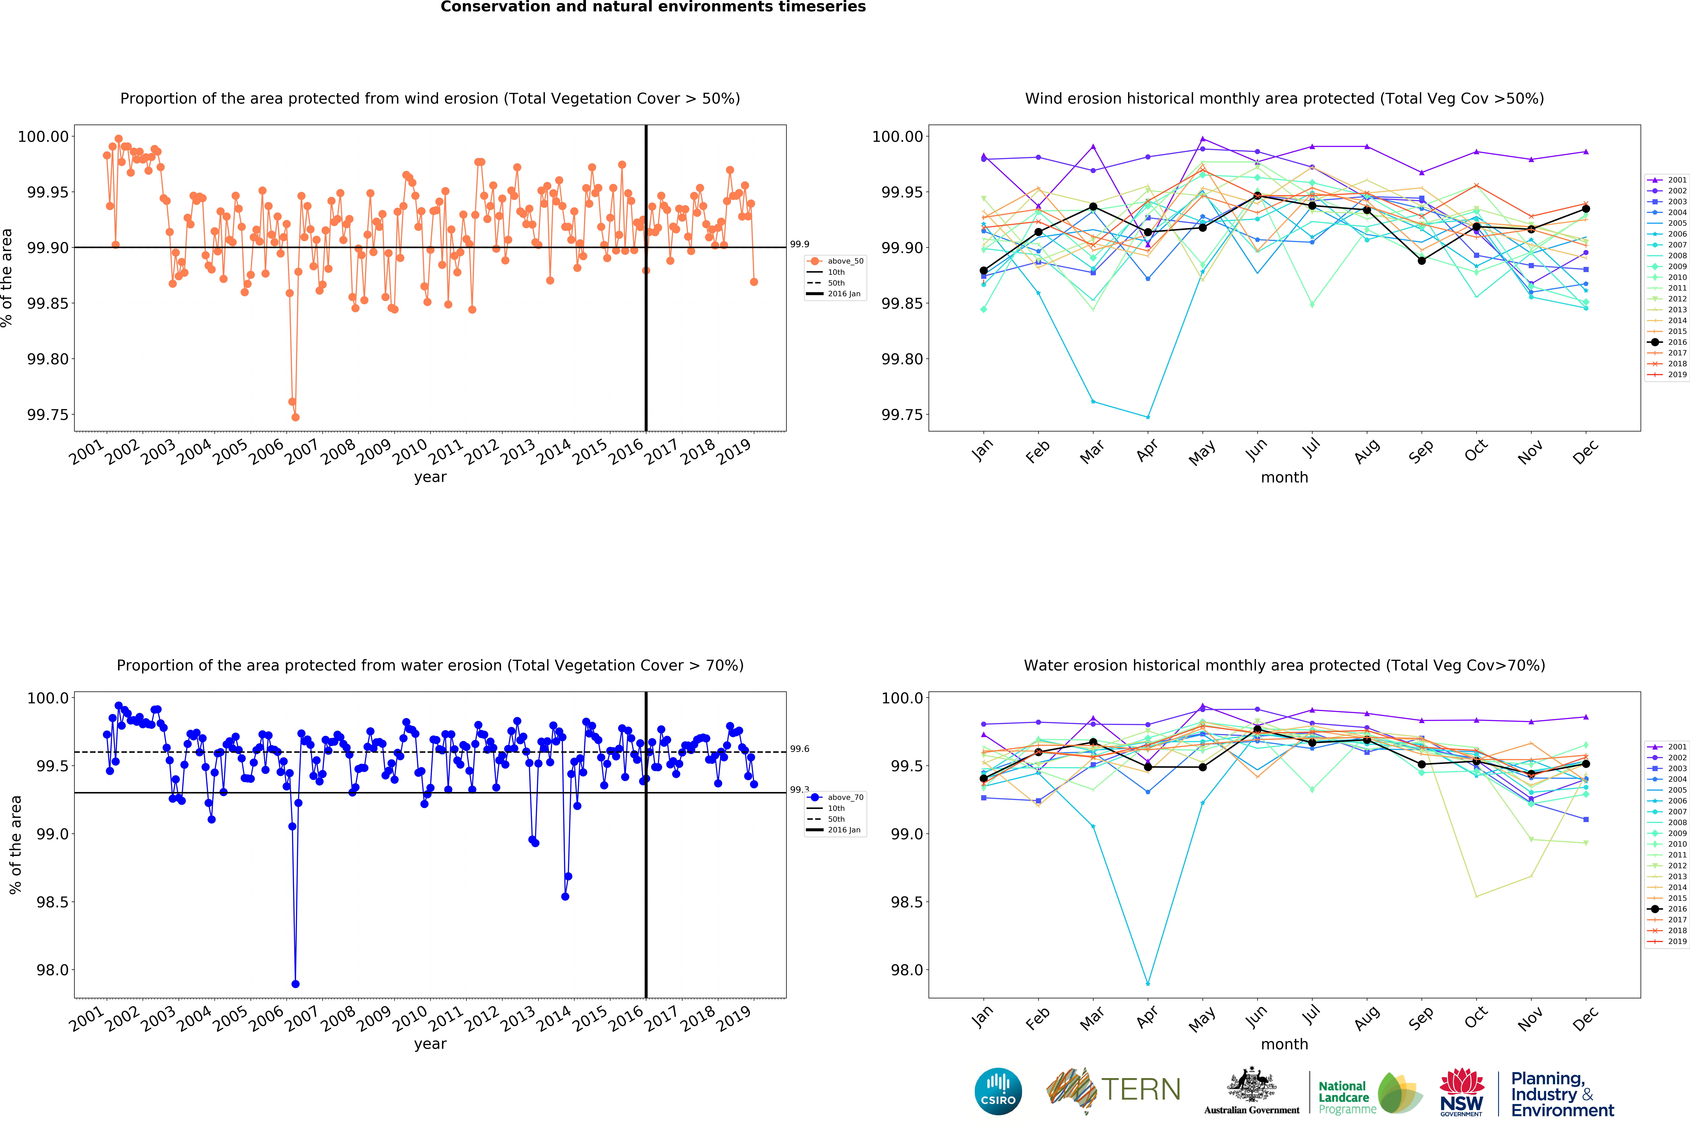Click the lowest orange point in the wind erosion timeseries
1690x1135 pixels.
tap(295, 417)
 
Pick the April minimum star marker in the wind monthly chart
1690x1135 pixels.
tap(1148, 417)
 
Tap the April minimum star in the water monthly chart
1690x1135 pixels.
tap(1148, 984)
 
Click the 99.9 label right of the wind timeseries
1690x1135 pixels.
tap(799, 245)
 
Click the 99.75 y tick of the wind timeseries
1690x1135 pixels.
tap(48, 415)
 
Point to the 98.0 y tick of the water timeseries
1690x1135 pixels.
tap(52, 970)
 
